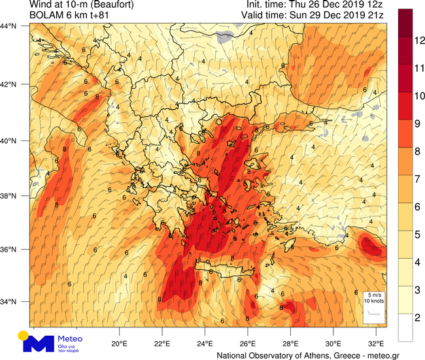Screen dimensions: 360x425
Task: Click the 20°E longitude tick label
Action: (x=119, y=344)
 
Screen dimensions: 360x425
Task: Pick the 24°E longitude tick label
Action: (x=205, y=344)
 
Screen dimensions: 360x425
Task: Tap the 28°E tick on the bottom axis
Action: (x=290, y=344)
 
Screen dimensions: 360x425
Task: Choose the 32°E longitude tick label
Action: (x=376, y=344)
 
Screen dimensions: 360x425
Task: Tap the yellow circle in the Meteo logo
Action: (x=24, y=335)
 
